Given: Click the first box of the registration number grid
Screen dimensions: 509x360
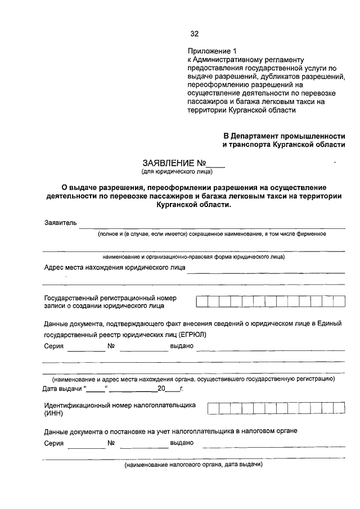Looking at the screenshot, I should [201, 301].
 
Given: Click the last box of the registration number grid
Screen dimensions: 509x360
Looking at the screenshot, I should [339, 301].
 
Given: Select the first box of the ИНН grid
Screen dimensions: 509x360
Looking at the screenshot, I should [213, 408].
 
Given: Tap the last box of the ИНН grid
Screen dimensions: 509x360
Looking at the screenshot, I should [339, 408].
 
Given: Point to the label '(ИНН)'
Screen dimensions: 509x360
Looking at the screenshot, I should [54, 413].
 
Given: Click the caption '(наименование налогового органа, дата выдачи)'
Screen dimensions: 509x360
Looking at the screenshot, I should [193, 466].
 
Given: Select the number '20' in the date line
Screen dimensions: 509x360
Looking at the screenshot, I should [161, 389].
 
